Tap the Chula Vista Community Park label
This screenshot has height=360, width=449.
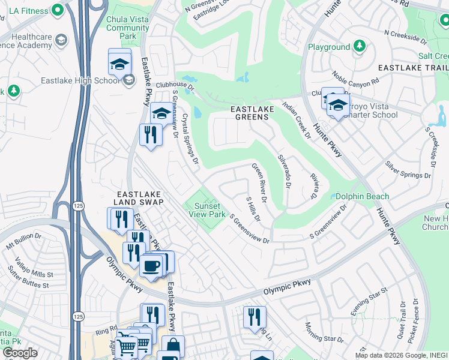pos(127,28)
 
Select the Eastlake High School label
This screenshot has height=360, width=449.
pos(80,81)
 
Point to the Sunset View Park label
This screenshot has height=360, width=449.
pos(207,210)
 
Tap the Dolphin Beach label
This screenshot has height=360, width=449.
pos(362,197)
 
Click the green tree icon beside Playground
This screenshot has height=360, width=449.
pos(359,47)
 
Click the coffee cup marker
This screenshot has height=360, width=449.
pos(150,265)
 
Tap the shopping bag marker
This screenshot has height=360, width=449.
pos(173,346)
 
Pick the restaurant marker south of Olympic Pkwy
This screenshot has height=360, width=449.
pos(255,316)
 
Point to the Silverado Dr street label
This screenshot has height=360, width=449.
pos(283,172)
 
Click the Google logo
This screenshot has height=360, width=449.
pos(20,353)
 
